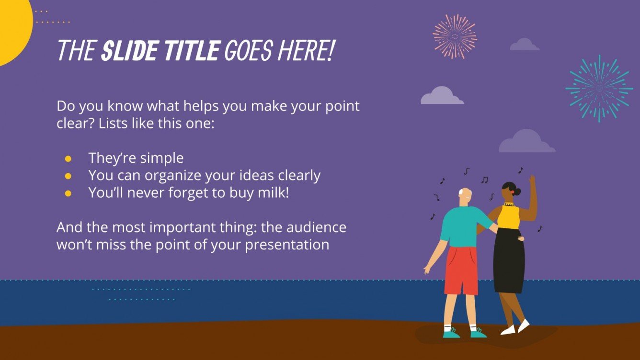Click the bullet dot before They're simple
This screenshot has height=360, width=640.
(x=68, y=158)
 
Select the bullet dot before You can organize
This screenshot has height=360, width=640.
(x=68, y=176)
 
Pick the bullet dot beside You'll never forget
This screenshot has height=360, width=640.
(x=68, y=193)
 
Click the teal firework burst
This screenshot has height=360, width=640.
(x=599, y=89)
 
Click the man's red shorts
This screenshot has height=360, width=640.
(x=460, y=271)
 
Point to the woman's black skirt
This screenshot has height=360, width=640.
(x=509, y=261)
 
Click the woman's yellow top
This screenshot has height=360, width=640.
(x=509, y=216)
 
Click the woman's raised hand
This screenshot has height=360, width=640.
(x=531, y=180)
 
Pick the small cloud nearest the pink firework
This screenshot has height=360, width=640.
(x=525, y=45)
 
